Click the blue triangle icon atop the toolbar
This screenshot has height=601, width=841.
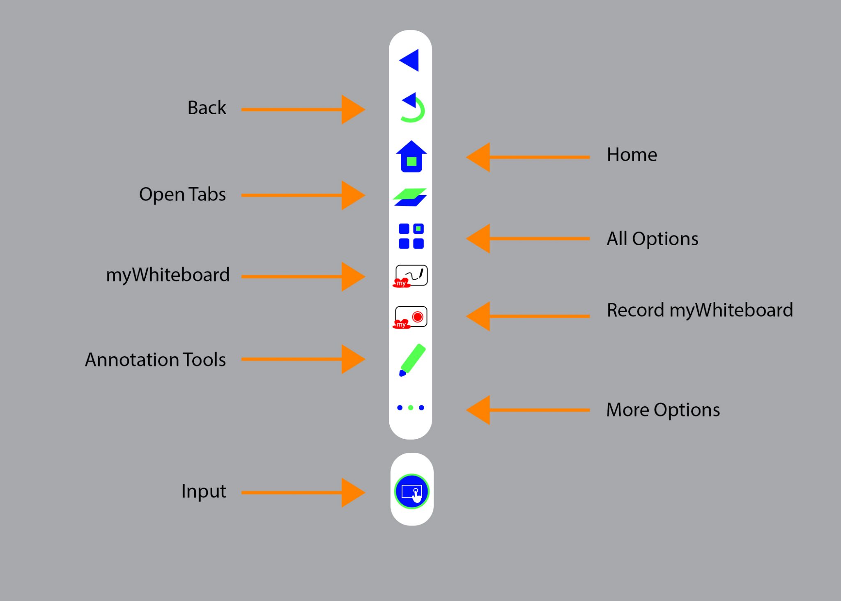(x=410, y=60)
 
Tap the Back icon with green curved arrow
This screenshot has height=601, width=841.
(x=412, y=108)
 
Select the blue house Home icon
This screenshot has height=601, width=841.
(x=411, y=157)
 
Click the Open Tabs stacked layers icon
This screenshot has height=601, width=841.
(x=410, y=197)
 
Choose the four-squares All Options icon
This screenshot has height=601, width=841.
(x=411, y=236)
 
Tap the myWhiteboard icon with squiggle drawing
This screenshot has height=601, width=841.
(x=411, y=276)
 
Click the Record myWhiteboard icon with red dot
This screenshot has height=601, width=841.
(x=411, y=317)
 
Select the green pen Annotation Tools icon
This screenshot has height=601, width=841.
(x=412, y=360)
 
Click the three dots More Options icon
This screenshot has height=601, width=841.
(x=411, y=408)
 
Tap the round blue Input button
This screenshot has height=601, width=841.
(x=411, y=491)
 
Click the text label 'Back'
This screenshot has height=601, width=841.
(x=207, y=108)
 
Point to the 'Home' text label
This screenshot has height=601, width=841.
(x=632, y=155)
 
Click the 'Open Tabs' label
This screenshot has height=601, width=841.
(x=182, y=194)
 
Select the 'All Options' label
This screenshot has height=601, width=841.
(x=652, y=239)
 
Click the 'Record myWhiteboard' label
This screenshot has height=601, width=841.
(x=700, y=310)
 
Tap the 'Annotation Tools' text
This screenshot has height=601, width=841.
(x=155, y=360)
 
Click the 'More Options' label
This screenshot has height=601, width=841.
(x=663, y=410)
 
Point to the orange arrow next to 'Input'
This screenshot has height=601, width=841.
(x=303, y=492)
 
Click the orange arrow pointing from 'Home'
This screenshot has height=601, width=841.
(x=528, y=157)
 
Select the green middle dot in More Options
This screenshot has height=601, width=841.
(x=411, y=408)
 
